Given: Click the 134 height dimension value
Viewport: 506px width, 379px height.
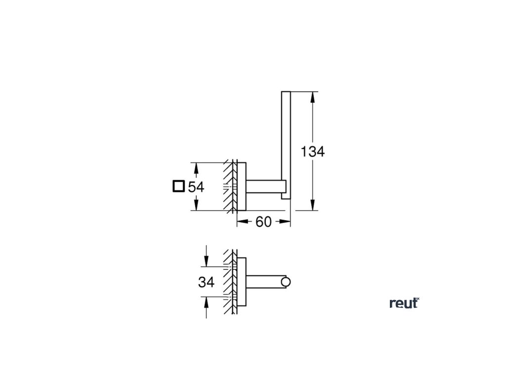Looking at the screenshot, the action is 313,152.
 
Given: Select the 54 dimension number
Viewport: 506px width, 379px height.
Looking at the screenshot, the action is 196,187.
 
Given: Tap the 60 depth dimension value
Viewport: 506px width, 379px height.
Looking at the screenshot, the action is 263,222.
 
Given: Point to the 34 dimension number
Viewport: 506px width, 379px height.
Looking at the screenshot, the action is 206,282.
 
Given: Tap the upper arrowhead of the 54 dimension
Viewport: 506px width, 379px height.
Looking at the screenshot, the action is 196,168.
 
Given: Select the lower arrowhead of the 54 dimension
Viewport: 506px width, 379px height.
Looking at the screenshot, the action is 196,205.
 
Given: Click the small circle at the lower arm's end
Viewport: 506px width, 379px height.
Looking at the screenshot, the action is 286,282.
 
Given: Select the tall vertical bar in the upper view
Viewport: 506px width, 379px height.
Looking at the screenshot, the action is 286,145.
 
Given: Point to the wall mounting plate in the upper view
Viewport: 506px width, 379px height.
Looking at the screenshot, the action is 242,186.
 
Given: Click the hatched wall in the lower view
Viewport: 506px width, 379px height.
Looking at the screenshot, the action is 229,282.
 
